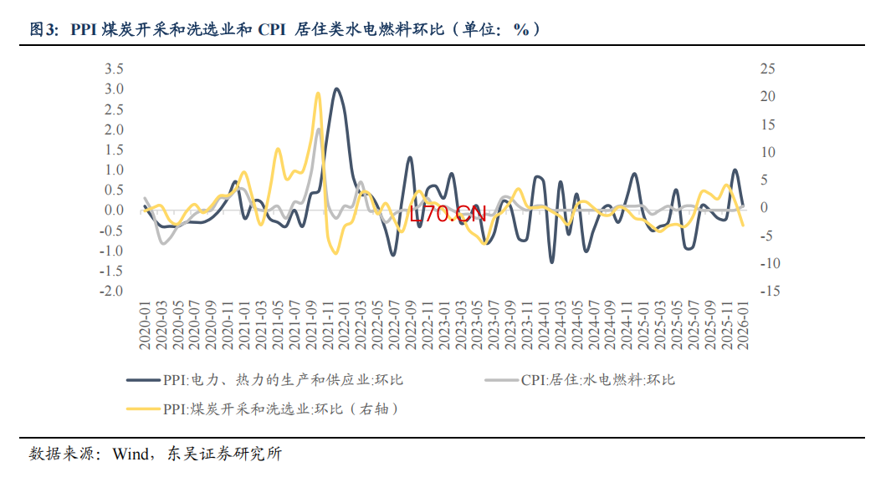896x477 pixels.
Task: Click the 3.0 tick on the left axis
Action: (x=114, y=89)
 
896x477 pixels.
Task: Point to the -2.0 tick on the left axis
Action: (x=112, y=292)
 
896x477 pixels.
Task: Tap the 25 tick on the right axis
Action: (x=767, y=69)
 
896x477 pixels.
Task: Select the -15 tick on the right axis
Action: (x=770, y=292)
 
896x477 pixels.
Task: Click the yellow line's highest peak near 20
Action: (x=318, y=94)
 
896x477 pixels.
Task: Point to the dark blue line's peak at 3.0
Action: (x=336, y=89)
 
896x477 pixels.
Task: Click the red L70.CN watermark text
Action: (x=448, y=214)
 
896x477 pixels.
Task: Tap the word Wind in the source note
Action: (x=130, y=454)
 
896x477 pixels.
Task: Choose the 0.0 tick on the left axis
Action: (x=114, y=211)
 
